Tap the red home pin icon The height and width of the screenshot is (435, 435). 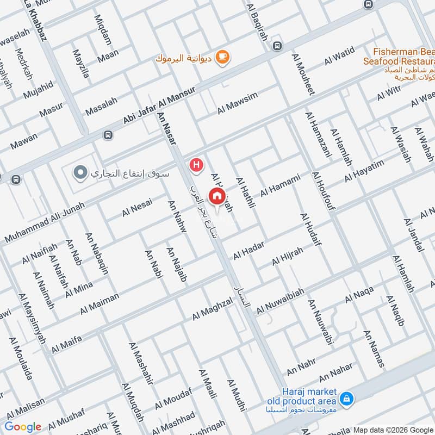coord(217,196)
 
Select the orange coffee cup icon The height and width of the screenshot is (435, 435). coord(222,56)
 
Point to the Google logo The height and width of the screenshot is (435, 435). coord(23,427)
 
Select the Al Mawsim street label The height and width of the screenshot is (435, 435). coord(237,103)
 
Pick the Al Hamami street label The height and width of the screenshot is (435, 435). coord(280,185)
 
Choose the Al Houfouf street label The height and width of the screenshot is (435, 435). coord(324,190)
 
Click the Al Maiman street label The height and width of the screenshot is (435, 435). coord(100,303)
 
